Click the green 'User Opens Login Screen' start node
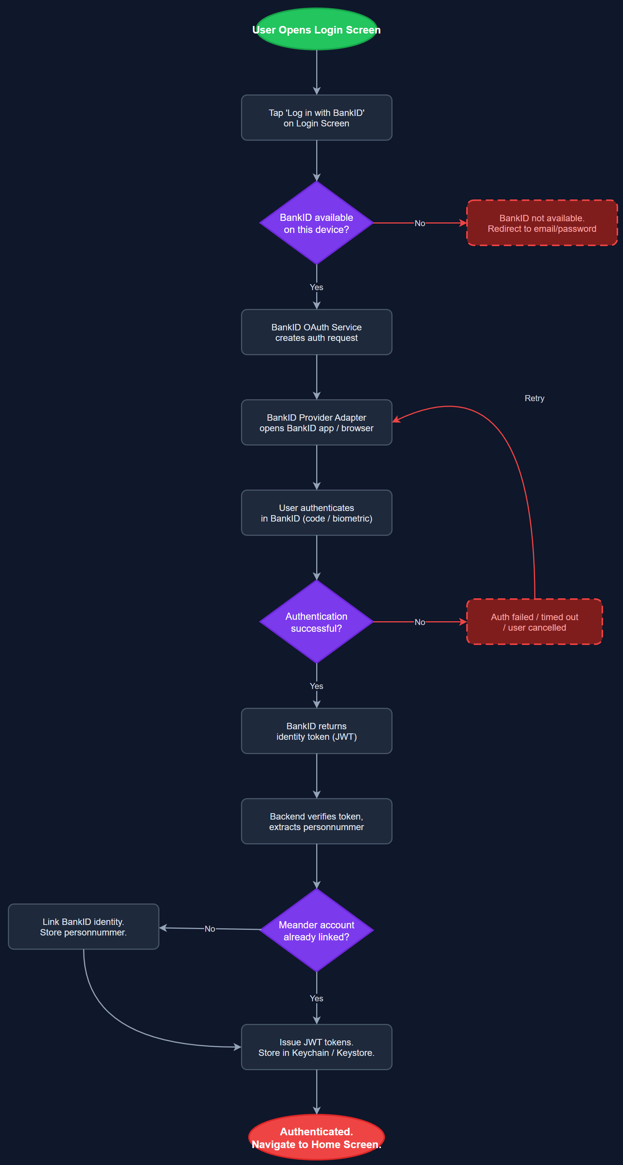click(x=316, y=29)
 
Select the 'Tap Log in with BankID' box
click(x=316, y=117)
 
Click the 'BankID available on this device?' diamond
click(x=316, y=223)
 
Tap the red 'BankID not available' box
click(x=542, y=223)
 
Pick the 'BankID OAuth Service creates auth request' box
click(x=316, y=332)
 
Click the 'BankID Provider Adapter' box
click(x=316, y=423)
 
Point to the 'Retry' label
click(x=534, y=398)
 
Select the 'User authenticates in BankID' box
click(x=316, y=513)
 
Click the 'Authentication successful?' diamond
click(x=316, y=622)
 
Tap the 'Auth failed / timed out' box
click(x=534, y=622)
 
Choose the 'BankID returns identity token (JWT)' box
click(x=316, y=731)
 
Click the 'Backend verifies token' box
click(x=316, y=821)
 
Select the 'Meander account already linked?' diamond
click(x=316, y=930)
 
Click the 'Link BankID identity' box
click(x=83, y=927)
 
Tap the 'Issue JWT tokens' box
click(x=316, y=1047)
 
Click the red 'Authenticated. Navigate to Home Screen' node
click(x=316, y=1138)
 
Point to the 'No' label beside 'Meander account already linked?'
click(x=210, y=928)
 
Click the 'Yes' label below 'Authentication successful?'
click(x=316, y=686)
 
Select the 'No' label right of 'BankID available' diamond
click(x=420, y=223)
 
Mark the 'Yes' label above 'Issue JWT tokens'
click(x=316, y=998)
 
